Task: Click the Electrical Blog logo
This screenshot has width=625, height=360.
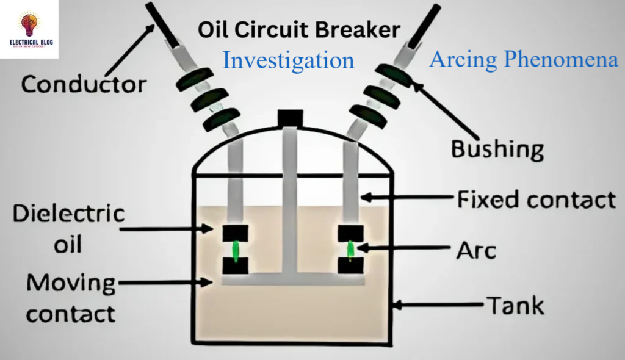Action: click(x=29, y=29)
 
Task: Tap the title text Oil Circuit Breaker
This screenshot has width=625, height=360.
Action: click(x=299, y=29)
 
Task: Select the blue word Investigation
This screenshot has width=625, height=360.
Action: click(x=288, y=60)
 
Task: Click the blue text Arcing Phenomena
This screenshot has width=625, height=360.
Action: click(x=524, y=59)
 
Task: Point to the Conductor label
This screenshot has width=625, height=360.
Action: click(x=84, y=84)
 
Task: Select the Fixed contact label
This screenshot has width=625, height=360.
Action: click(x=535, y=199)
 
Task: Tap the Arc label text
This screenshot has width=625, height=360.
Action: click(x=477, y=250)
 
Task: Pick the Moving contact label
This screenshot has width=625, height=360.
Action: click(x=71, y=298)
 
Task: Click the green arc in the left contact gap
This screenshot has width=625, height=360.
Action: click(x=235, y=250)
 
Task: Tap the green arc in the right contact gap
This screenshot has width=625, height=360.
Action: click(x=351, y=250)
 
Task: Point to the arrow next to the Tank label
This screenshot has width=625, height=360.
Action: click(x=437, y=303)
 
